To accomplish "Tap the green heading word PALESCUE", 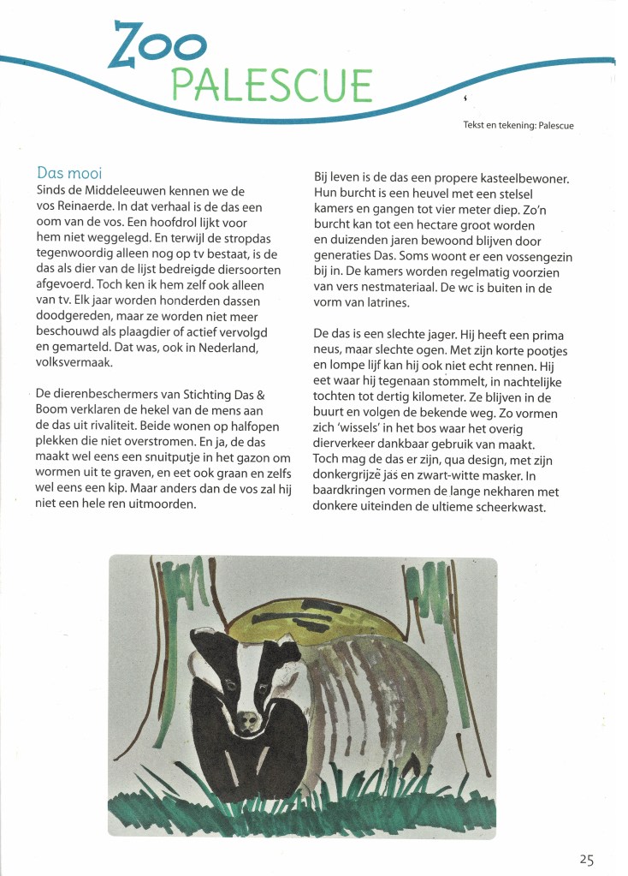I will tap(272, 85).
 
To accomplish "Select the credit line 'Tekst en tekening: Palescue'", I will tap(518, 126).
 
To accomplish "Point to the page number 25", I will tap(586, 860).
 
